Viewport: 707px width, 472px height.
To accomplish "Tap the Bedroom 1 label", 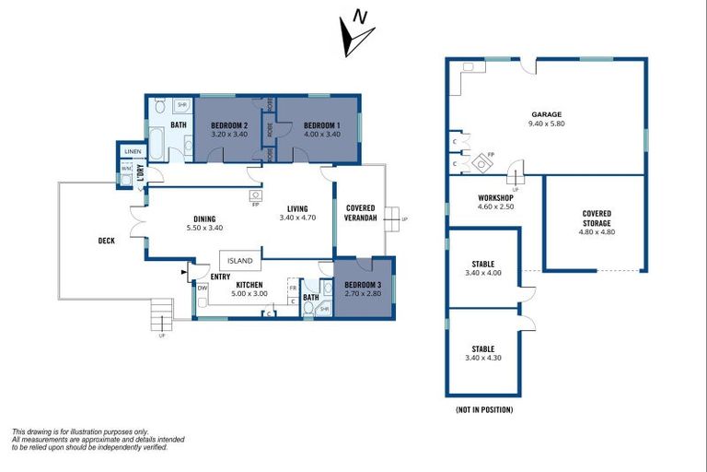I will pos(322,124).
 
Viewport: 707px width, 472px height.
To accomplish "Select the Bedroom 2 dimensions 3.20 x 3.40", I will pos(230,135).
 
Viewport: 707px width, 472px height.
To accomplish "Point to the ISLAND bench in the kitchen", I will pos(238,261).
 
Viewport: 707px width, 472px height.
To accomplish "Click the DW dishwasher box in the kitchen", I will pos(203,289).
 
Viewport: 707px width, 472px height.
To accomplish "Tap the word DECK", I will pos(107,242).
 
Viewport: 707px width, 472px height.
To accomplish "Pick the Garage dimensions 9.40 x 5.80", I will pos(546,124).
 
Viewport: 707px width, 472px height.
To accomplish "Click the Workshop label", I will pos(494,198).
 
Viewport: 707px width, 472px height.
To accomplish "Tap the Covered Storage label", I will pos(597,218).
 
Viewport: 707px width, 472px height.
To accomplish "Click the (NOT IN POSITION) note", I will pos(484,409).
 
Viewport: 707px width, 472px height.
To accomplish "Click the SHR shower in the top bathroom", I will pos(181,106).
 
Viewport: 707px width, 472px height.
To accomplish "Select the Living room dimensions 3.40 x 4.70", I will pos(297,218).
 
